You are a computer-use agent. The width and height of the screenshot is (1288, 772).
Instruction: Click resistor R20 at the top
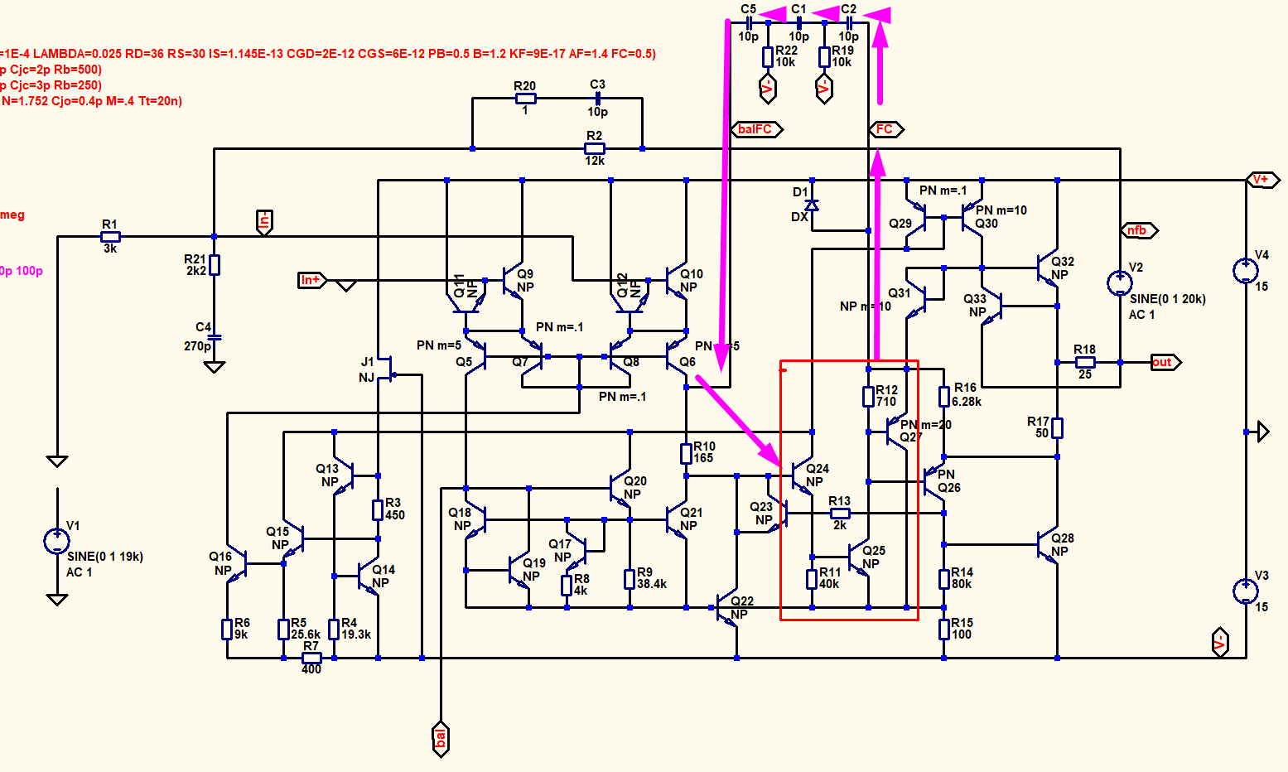click(525, 99)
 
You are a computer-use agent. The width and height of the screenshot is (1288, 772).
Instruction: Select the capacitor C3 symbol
click(597, 99)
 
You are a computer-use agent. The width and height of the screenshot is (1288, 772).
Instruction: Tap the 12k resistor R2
click(594, 149)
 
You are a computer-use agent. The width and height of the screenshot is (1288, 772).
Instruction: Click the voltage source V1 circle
click(56, 541)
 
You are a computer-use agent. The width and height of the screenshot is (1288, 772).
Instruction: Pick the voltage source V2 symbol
click(1120, 283)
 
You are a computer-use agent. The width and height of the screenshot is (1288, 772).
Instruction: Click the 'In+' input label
click(311, 280)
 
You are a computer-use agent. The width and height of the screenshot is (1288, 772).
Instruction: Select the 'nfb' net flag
click(1139, 230)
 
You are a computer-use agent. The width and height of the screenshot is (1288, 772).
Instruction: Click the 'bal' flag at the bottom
click(441, 736)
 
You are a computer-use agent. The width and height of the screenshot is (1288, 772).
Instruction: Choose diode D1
click(812, 204)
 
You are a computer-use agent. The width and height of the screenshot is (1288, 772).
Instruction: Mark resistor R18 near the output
click(1084, 362)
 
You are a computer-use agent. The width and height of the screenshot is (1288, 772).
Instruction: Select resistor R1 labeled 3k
click(110, 237)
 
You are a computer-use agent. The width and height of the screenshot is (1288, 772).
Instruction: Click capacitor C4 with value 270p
click(215, 337)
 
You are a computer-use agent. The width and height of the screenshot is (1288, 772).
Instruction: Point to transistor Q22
click(730, 609)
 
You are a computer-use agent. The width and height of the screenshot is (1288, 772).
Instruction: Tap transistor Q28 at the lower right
click(1049, 545)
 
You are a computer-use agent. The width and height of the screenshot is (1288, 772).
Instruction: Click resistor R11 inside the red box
click(812, 578)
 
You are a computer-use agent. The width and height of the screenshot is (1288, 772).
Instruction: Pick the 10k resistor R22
click(768, 56)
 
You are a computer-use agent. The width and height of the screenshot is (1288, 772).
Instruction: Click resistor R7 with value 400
click(311, 658)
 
